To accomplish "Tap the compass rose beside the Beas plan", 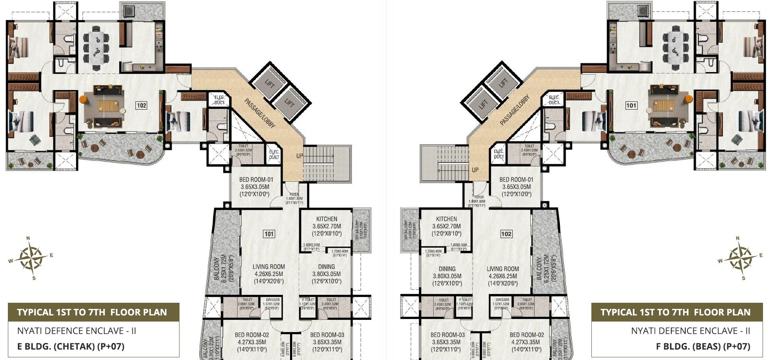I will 740,257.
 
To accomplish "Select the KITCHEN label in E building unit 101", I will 326,219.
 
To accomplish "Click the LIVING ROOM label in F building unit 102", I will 503,269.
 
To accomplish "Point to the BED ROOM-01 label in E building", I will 256,180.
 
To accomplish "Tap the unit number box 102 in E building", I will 141,105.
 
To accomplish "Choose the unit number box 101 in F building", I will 631,105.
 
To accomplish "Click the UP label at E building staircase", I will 300,156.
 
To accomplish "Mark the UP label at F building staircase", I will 475,170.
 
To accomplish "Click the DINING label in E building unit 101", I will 326,267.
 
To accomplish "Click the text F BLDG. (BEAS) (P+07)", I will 703,346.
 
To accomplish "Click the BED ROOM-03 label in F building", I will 448,335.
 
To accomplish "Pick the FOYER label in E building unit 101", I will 294,195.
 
